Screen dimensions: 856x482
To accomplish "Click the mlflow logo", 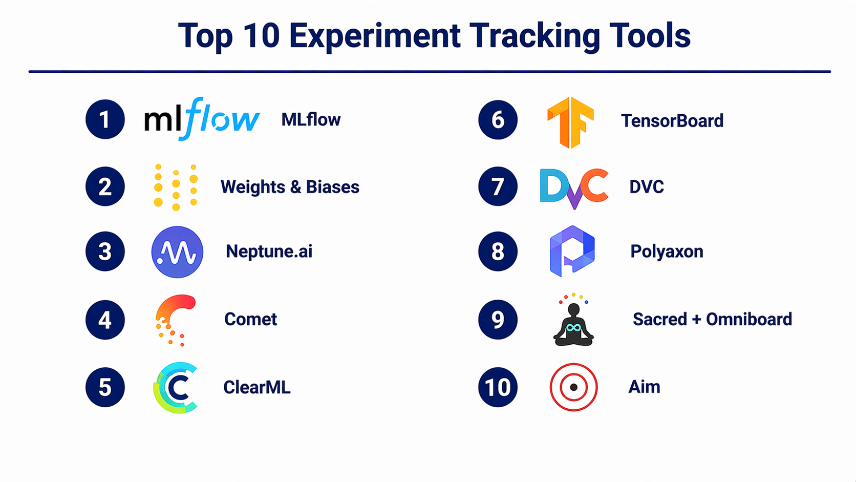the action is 202,119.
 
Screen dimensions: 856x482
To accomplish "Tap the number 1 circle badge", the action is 105,119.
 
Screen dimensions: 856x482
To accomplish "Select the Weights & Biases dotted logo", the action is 176,187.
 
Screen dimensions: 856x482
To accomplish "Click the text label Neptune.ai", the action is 269,252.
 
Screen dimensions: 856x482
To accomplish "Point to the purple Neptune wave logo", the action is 177,252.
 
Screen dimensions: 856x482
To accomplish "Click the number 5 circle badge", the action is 105,387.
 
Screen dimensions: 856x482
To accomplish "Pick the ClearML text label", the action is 257,387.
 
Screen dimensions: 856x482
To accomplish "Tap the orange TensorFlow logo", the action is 570,122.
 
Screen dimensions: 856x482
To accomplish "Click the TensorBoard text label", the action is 672,121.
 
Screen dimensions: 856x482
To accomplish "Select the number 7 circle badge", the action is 498,186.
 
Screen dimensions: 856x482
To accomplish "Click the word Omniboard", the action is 749,319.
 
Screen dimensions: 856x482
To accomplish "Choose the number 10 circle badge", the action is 498,387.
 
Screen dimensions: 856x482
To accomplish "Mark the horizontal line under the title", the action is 430,72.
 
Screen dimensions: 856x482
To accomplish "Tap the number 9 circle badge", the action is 498,320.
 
